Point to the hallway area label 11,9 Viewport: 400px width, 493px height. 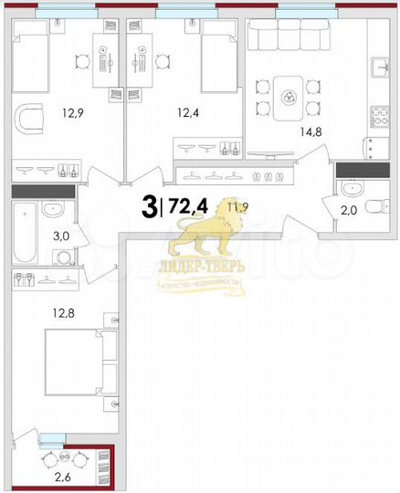pos(221,208)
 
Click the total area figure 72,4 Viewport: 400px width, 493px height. pos(188,208)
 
